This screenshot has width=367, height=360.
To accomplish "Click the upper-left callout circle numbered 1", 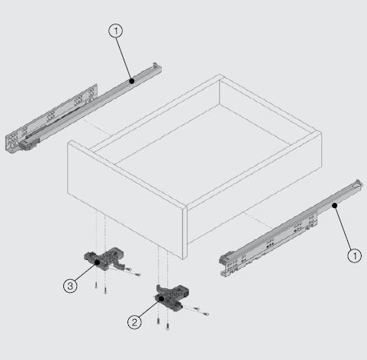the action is click(x=116, y=31).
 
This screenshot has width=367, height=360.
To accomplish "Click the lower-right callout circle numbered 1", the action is click(x=354, y=256).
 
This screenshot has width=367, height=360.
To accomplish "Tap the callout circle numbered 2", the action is click(x=134, y=322).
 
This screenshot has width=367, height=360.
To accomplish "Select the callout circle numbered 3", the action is click(x=70, y=286).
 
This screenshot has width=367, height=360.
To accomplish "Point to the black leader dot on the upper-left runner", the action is click(x=131, y=81).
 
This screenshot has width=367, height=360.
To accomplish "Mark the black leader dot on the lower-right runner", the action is click(x=335, y=205).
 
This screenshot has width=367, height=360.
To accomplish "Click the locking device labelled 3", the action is click(x=105, y=259).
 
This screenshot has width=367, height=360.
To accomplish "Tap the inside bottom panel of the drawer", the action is click(x=204, y=153).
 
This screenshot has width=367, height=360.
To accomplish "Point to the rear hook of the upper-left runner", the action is click(x=156, y=65).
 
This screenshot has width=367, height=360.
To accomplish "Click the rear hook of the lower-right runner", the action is click(x=358, y=184).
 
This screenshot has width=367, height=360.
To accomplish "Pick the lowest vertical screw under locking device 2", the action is click(x=167, y=326).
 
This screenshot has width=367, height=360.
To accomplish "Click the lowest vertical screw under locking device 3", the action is click(x=105, y=291).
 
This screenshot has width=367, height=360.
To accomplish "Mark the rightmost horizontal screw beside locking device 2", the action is click(x=205, y=313).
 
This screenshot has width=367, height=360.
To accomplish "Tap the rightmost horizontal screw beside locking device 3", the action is click(x=137, y=275).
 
